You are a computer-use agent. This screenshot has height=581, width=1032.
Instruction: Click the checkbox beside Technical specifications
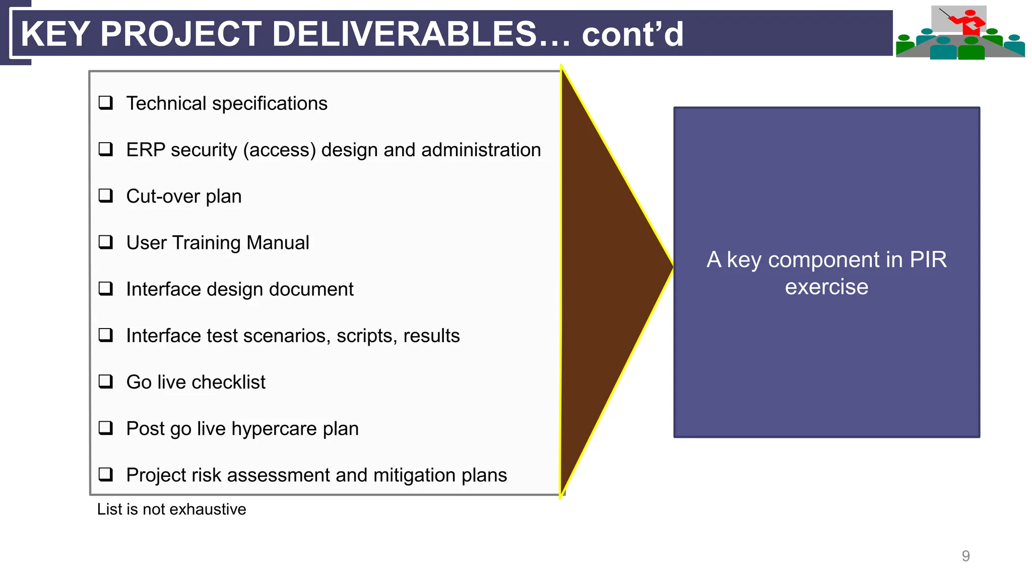(x=105, y=103)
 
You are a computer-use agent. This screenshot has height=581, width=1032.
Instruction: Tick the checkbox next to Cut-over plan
(x=105, y=196)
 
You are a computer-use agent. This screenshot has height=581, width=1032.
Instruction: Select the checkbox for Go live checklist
(x=105, y=381)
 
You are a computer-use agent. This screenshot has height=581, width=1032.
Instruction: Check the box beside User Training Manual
(x=105, y=242)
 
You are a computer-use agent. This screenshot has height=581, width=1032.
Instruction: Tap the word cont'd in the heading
(x=632, y=34)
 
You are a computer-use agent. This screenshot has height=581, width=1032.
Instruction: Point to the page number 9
(x=965, y=556)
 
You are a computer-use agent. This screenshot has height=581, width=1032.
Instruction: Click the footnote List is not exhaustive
(x=171, y=509)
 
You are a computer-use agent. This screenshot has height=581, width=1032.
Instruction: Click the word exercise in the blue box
(x=826, y=287)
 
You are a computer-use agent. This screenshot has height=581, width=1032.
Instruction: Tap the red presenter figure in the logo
(x=969, y=23)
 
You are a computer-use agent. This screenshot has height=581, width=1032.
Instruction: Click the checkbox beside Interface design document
(x=105, y=289)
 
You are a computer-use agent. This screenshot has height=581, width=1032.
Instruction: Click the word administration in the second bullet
(x=481, y=150)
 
